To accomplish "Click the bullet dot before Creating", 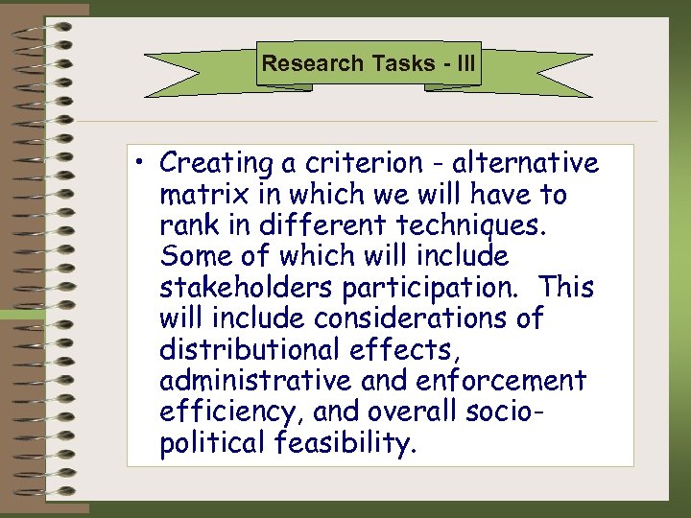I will [x=142, y=164].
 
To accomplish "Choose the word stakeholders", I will [x=245, y=288].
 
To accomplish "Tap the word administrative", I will [x=256, y=381].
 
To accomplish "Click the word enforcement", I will [x=501, y=381].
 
